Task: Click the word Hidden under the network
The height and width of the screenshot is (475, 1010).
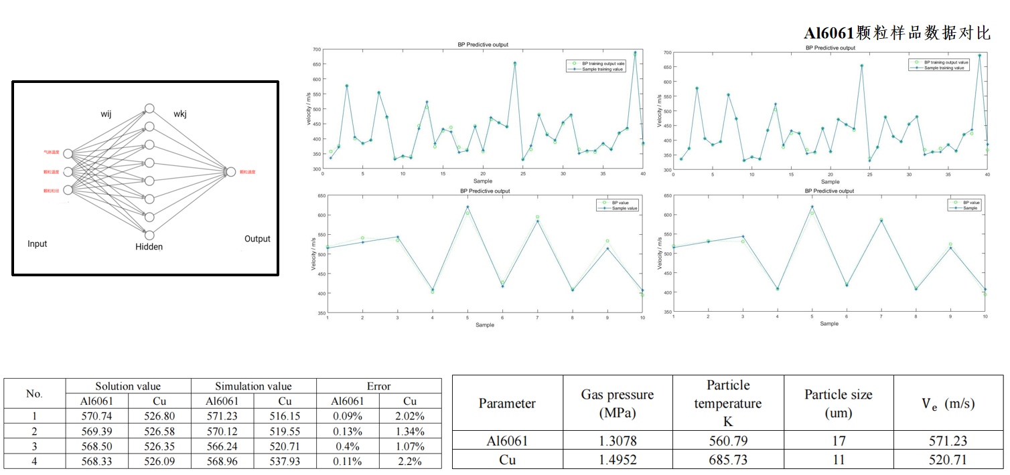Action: (149, 246)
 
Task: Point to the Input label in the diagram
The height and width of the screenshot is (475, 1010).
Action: (38, 244)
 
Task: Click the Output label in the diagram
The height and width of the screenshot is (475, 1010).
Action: (257, 239)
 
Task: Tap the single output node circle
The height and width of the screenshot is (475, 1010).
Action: (230, 172)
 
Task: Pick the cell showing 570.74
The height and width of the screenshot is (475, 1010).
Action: (96, 415)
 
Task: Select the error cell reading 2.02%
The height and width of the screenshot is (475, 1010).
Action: (410, 415)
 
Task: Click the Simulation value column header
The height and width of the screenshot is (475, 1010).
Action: (253, 386)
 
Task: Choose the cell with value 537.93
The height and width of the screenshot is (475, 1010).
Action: (285, 461)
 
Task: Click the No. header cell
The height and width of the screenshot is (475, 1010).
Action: (34, 393)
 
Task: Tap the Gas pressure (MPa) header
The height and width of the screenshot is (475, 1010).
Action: (617, 403)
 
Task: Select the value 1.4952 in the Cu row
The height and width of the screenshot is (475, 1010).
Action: (617, 460)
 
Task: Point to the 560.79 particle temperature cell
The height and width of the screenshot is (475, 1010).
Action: (727, 440)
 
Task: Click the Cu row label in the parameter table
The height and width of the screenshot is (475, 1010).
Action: (507, 460)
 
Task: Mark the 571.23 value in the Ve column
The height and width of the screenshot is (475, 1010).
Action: (948, 440)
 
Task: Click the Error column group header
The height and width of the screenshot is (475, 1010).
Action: (378, 386)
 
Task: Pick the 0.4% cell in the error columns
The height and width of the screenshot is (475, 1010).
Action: (348, 446)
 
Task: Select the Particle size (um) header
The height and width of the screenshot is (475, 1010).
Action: (838, 403)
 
